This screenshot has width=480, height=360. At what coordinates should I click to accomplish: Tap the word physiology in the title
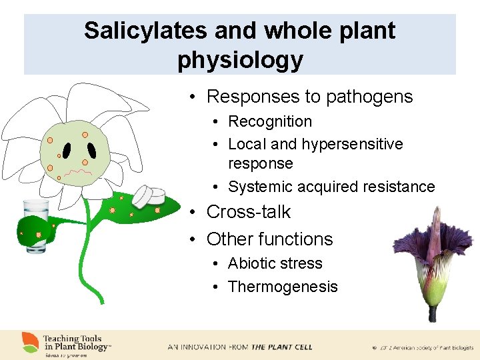click(x=240, y=60)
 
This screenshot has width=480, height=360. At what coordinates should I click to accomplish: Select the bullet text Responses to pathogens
click(x=309, y=97)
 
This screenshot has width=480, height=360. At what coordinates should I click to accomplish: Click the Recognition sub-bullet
click(x=270, y=121)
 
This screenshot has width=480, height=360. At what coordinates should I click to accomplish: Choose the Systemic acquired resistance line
click(x=331, y=187)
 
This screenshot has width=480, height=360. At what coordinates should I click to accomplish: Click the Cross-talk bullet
click(x=249, y=212)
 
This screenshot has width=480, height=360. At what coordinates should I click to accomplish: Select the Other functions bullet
click(x=269, y=239)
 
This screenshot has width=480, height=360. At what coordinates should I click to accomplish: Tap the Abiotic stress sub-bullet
click(x=275, y=263)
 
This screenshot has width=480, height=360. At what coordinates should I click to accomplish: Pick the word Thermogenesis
click(x=283, y=287)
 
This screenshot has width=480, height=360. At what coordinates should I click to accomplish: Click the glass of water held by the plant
click(x=33, y=223)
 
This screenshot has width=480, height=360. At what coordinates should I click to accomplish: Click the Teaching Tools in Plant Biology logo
click(x=67, y=345)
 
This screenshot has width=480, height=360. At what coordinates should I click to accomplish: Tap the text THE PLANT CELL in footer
click(x=281, y=347)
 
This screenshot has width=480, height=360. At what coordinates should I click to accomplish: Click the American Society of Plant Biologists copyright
click(x=423, y=347)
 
